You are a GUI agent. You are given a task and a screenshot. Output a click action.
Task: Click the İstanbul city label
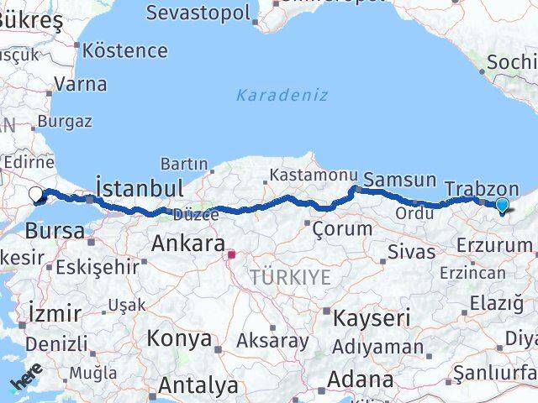tap(140, 186)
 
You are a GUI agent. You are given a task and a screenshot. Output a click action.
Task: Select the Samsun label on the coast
tap(399, 180)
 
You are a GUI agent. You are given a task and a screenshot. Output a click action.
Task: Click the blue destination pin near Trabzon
tap(502, 205)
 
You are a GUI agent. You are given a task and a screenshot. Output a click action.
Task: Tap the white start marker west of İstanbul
tap(35, 195)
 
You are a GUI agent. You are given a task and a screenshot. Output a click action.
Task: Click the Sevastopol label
tap(198, 13)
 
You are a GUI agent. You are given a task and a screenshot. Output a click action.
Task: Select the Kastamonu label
tap(308, 175)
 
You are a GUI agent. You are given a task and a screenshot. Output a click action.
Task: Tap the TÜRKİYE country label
tap(290, 277)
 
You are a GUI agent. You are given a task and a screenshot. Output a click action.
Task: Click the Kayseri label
tap(372, 318)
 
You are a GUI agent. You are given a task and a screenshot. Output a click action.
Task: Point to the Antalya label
tap(198, 385)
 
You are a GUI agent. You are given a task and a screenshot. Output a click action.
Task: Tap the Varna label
tap(80, 84)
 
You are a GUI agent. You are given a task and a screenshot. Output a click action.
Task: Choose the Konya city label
tap(179, 338)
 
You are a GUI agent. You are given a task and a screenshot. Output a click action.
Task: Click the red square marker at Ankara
tap(231, 252)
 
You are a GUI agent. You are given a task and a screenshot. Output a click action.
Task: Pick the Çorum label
tap(342, 228)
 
